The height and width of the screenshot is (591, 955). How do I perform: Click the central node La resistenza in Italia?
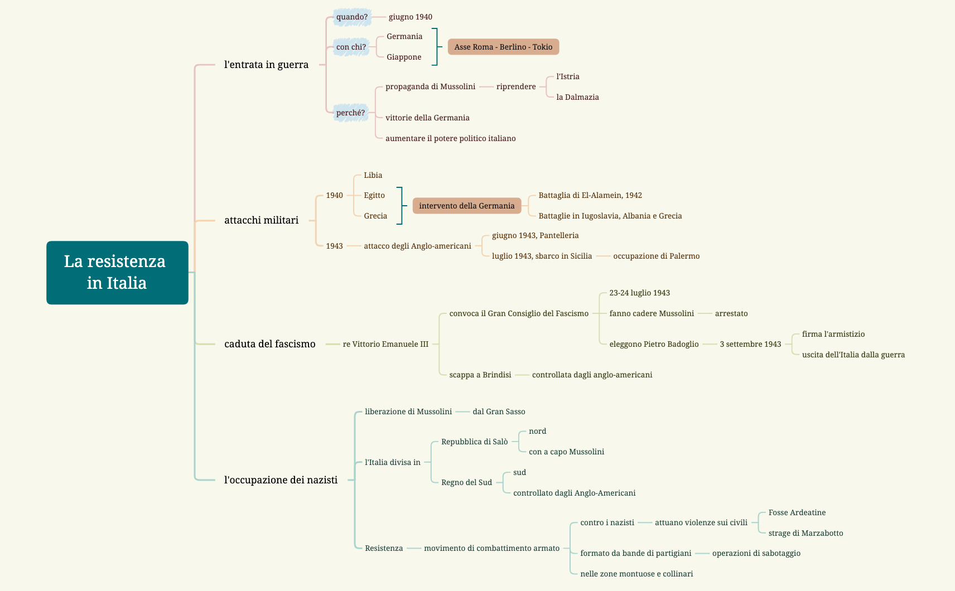pos(117,272)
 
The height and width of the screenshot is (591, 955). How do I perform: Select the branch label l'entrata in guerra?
pos(266,65)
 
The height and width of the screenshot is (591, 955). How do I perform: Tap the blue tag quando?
pos(351,17)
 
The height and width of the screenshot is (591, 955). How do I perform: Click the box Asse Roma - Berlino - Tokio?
pos(503,47)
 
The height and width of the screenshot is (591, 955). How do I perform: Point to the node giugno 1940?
pos(410,17)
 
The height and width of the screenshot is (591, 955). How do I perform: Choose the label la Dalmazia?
pos(577,97)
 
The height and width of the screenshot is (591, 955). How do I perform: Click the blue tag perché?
pos(350,113)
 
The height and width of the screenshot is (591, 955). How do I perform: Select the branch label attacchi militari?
pos(261,220)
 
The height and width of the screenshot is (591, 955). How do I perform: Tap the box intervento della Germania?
pos(466,206)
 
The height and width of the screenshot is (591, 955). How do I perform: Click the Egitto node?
pos(374,195)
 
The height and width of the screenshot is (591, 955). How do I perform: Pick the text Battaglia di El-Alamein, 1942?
pos(590,195)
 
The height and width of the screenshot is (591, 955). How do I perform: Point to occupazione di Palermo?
pos(656,256)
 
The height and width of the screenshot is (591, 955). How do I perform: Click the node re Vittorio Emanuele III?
pos(385,344)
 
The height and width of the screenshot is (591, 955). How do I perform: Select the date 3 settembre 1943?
pos(750,344)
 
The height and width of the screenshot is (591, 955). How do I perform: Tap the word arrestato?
pos(731,313)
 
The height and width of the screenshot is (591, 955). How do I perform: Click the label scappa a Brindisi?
pos(480,375)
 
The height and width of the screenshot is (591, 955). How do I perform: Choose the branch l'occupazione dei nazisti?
pos(281,480)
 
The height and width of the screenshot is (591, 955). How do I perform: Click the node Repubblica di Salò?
pos(474,442)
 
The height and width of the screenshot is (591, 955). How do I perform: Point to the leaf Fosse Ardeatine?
pos(797,512)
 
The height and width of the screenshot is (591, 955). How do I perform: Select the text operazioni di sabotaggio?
pos(756,553)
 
